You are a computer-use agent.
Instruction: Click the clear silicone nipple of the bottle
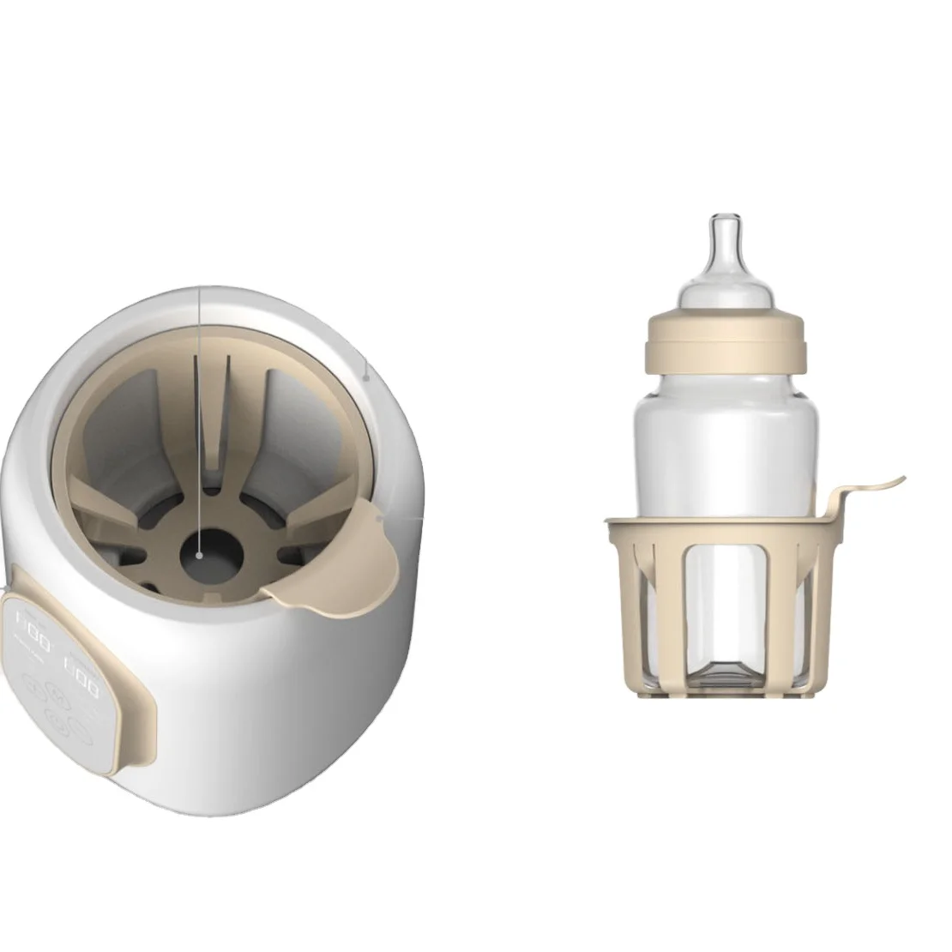[x=725, y=257]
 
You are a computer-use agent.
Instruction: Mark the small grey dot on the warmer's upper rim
[x=366, y=375]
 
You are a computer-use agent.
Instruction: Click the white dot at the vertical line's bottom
[x=199, y=556]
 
